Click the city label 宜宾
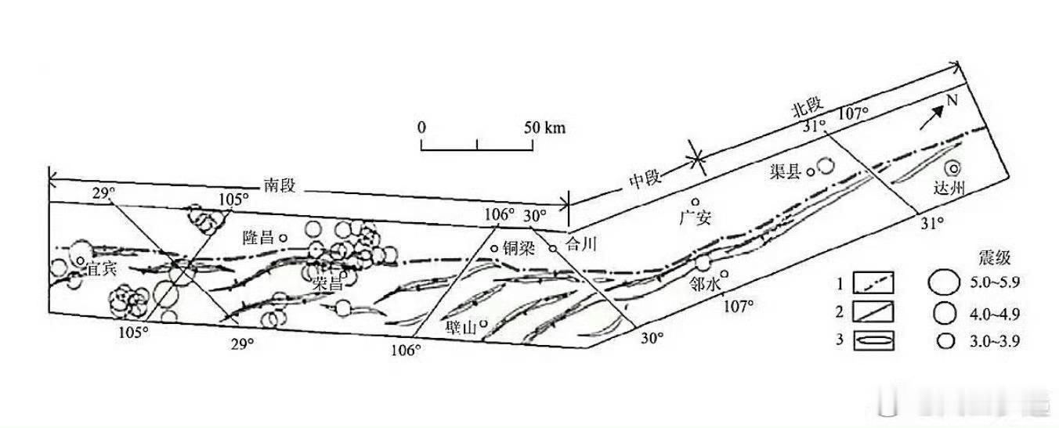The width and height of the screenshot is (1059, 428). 102,269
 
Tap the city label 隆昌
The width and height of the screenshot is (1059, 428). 258,237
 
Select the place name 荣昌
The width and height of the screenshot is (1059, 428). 327,283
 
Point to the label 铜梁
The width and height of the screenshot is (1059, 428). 519,248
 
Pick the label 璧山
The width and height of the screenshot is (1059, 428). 461,327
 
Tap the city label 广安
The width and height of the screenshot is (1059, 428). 695,218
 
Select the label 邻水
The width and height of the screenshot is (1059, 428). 704,284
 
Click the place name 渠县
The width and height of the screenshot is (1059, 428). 785,172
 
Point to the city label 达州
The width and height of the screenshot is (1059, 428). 949,188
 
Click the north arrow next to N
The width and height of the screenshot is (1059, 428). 932,117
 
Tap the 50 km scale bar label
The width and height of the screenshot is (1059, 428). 544,128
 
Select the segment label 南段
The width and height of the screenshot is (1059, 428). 280,185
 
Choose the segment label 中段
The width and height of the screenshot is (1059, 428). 645,179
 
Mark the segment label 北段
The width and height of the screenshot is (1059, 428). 808,108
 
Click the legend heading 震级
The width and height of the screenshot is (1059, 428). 995,257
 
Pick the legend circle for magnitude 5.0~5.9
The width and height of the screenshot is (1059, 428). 944,282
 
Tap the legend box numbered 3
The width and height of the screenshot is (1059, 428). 873,340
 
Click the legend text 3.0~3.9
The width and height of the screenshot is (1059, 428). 995,341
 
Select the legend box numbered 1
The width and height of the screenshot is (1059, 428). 873,282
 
